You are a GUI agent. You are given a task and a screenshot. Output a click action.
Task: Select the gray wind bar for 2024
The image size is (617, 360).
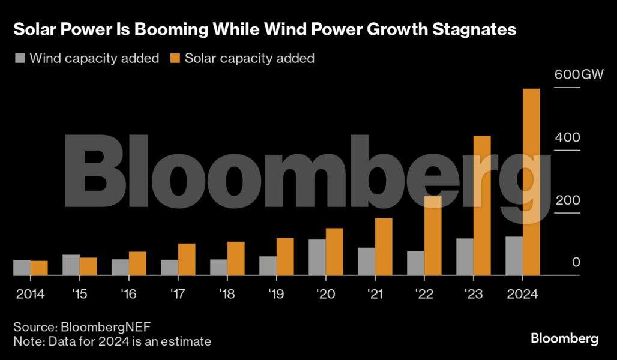514,256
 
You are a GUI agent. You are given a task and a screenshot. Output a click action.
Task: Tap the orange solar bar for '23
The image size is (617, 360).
482,205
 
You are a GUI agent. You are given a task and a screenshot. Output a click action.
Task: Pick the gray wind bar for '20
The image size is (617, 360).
317,257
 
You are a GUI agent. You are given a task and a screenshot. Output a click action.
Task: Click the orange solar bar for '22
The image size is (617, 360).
433,236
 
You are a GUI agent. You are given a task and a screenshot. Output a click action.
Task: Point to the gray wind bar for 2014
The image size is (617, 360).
22,268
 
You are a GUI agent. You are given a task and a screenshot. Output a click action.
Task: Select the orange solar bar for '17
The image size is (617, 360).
187,259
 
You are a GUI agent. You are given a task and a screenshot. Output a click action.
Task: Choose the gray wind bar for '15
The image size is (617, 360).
71,265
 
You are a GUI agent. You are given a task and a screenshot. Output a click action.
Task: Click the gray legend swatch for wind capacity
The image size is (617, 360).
20,59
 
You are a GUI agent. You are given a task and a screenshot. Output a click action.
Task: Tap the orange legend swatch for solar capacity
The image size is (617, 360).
175,59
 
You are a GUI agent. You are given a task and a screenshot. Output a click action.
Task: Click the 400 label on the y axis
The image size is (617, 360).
567,137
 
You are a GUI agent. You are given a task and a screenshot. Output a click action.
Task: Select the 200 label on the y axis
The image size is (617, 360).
567,200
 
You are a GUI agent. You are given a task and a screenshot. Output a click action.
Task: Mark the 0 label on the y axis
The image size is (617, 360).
576,262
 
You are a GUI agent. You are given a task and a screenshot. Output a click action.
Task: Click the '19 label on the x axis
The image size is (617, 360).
276,295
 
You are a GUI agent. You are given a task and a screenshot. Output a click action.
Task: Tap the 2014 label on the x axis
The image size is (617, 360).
29,295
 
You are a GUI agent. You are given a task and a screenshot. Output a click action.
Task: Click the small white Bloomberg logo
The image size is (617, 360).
564,338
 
